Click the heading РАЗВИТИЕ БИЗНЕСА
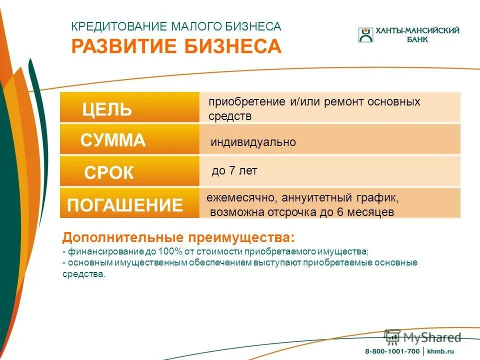pos(176,46)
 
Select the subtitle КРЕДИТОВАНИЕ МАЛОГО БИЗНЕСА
pos(176,26)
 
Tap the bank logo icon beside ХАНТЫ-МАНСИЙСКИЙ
pos(365,34)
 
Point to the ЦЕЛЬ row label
pos(107,109)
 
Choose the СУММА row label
pos(113,141)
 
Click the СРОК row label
pos(109,173)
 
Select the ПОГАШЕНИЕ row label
pos(125,205)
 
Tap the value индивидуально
pos(253,142)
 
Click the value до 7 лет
pos(234,171)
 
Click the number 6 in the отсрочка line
pos(339,212)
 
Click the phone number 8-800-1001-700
pos(392,351)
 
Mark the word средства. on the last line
pos(84,274)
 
